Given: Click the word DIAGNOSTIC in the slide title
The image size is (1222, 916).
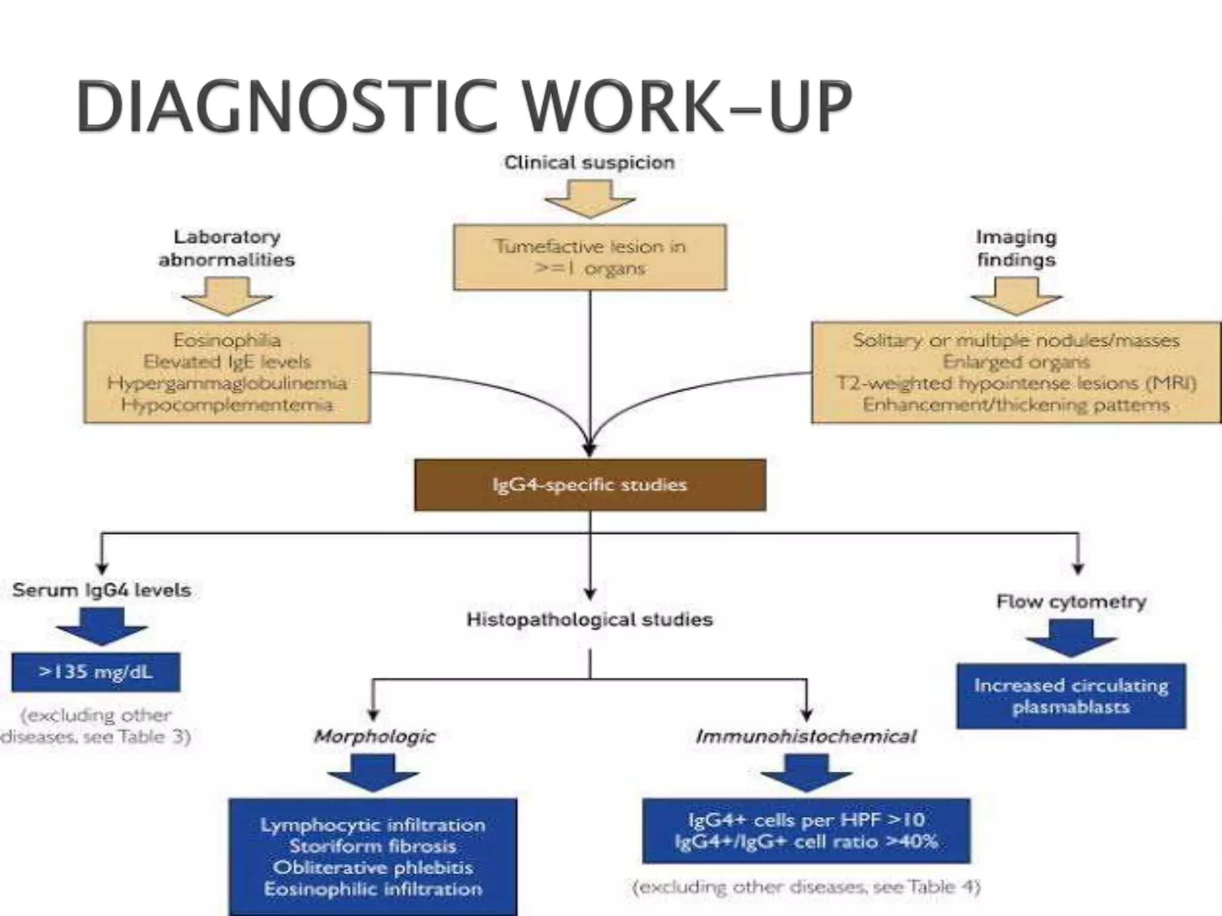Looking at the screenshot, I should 286,107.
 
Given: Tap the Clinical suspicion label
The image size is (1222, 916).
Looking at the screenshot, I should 589,162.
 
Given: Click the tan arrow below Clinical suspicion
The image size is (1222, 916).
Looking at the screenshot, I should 589,199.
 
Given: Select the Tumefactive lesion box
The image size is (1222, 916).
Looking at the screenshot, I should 590,257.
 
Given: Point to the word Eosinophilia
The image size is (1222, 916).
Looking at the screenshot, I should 227,340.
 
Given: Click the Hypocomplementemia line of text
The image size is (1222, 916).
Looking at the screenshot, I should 227,405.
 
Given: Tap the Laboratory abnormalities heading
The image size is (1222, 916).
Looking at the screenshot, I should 227,248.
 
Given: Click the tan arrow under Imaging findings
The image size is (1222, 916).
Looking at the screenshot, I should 1016,296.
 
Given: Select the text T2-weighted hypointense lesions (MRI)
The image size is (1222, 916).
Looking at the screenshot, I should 1016,383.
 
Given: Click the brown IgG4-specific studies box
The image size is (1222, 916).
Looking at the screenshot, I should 590,485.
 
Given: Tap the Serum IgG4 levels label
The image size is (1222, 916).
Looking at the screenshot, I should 101,590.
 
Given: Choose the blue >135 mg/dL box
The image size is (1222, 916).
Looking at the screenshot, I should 95,672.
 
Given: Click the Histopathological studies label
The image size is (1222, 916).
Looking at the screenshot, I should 590,620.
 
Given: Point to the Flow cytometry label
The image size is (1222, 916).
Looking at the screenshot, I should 1071,602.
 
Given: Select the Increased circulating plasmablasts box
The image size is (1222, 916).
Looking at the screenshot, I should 1071,696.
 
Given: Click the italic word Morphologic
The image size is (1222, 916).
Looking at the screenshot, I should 374,736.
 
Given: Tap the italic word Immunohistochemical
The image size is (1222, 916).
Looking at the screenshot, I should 806,736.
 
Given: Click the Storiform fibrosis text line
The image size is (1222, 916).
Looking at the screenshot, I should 373,846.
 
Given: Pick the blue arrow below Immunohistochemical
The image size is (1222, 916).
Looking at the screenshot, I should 806,773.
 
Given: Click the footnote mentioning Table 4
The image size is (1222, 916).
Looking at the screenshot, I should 806,887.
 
